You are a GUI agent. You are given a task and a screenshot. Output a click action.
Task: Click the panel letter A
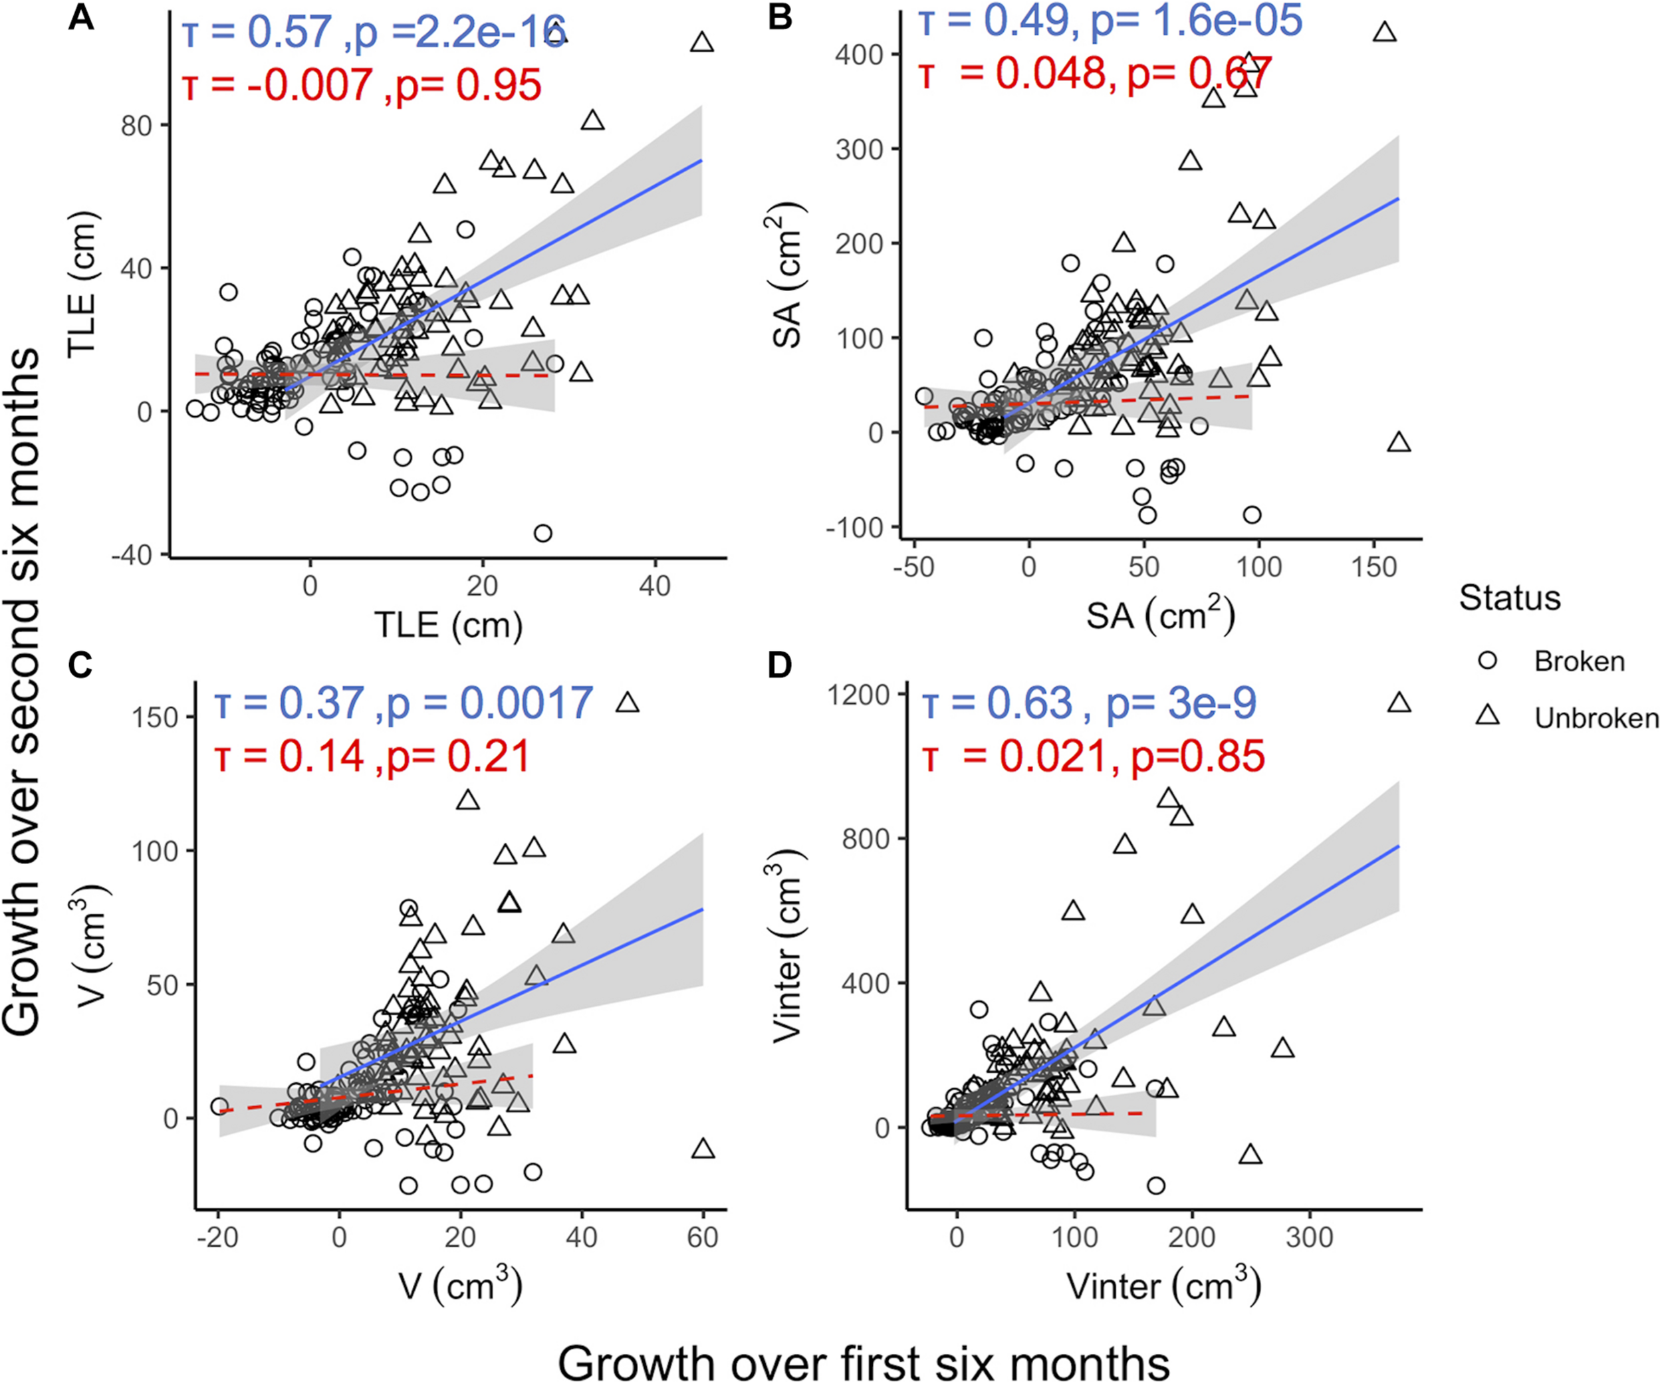[x=82, y=17]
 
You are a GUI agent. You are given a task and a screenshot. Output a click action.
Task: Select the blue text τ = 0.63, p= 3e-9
[x=1089, y=703]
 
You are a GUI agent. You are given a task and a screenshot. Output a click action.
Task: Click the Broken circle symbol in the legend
[x=1487, y=660]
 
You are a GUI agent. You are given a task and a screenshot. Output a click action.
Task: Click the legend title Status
[x=1509, y=598]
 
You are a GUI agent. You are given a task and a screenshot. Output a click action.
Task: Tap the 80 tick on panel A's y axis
[x=136, y=125]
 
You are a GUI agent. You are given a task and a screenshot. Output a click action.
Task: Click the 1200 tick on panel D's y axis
[x=859, y=695]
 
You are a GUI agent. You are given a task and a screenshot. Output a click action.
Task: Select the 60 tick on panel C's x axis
[x=702, y=1237]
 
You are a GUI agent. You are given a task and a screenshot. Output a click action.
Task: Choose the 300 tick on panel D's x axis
[x=1309, y=1237]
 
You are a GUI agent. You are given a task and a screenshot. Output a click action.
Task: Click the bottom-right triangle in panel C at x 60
[x=703, y=1149]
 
